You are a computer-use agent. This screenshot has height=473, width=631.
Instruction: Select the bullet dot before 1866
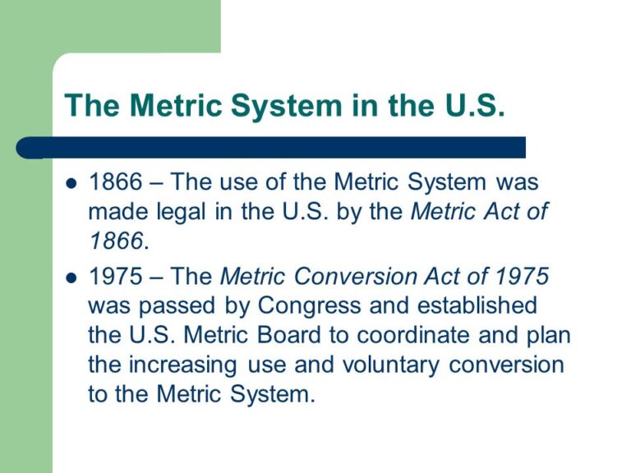(71, 182)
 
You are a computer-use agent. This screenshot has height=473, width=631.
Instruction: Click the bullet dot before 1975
(71, 277)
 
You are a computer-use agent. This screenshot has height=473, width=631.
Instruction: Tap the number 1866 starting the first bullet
(115, 181)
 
